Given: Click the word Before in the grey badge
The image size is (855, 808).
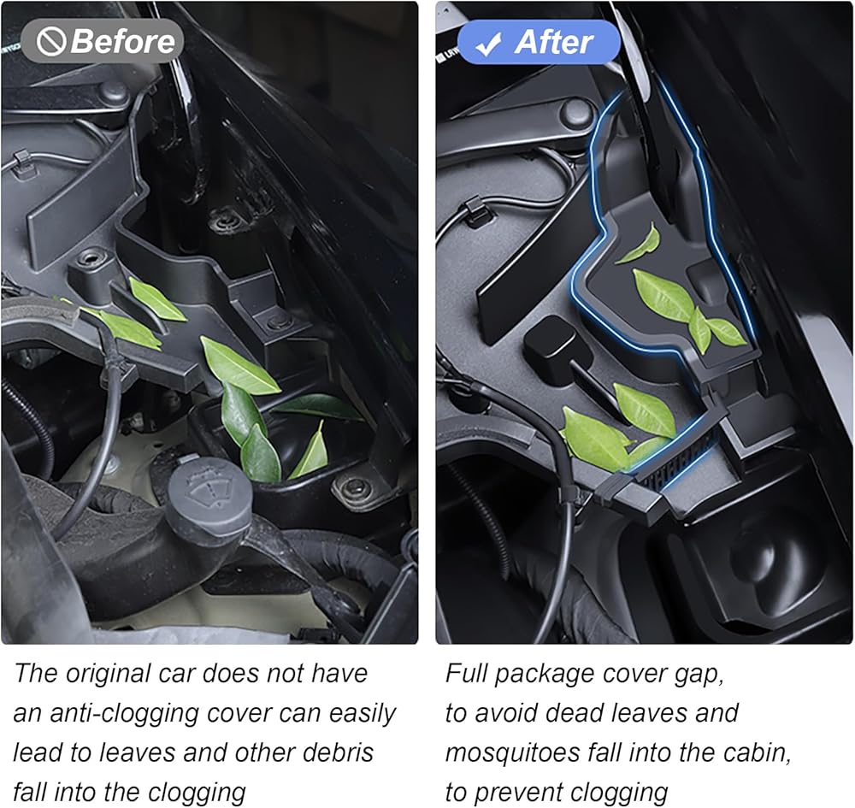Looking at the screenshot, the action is (122, 41).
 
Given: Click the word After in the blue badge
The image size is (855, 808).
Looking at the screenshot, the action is (553, 42).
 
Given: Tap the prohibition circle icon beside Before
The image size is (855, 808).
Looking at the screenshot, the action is (50, 42).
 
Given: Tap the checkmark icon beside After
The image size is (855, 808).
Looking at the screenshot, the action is (488, 44).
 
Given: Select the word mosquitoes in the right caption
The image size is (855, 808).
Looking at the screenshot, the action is (512, 753).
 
